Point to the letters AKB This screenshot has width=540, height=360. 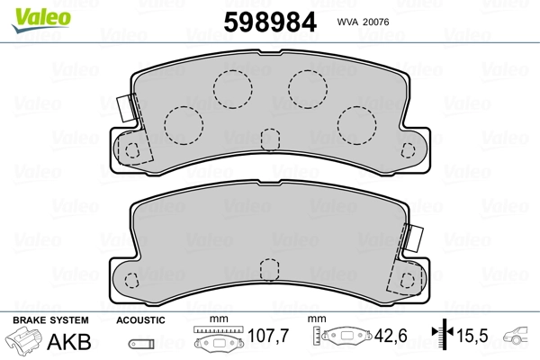click(x=75, y=341)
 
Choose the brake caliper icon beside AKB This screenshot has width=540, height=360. click(x=25, y=342)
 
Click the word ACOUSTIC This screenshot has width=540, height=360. click(x=141, y=320)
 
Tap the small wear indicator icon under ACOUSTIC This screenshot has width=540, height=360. click(x=139, y=343)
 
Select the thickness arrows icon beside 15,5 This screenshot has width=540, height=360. click(x=442, y=337)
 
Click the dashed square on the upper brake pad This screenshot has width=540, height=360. click(x=269, y=139)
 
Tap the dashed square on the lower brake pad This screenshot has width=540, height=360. click(x=267, y=268)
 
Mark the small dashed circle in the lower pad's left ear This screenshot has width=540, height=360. click(x=130, y=278)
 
